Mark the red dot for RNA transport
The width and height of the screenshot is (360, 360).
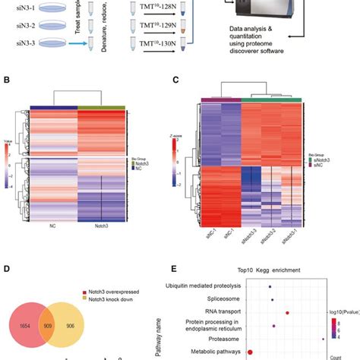pyautogui.click(x=287, y=312)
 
